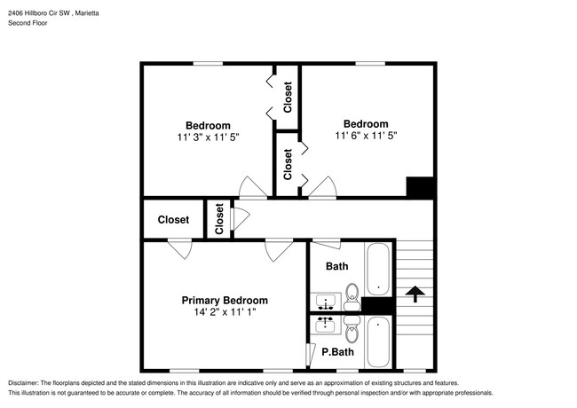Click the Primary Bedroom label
point(225,301)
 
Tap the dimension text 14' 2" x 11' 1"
point(225,312)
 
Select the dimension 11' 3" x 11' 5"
point(208,137)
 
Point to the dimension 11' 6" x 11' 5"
point(366,136)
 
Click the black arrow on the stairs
point(415,294)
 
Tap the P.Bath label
point(337,352)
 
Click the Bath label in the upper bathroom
point(336,266)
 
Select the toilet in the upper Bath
point(352,297)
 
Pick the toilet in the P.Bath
point(352,329)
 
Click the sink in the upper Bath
point(325,302)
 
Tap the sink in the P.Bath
point(325,325)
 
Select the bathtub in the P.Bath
point(378,342)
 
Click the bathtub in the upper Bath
point(378,269)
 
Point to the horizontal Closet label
point(173,220)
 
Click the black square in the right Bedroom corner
point(420,187)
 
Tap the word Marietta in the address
point(87,13)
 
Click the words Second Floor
point(28,23)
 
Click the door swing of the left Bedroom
point(253,187)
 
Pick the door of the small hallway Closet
point(241,219)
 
